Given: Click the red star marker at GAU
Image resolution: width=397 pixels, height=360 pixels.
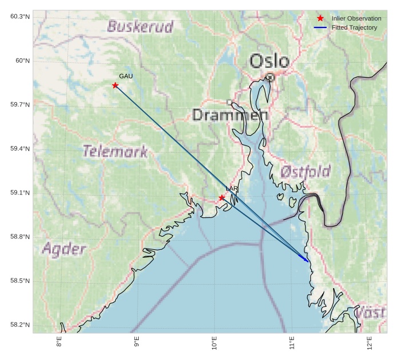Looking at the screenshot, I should [115, 86].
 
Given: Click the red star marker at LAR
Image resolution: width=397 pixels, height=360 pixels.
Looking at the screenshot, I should [222, 198].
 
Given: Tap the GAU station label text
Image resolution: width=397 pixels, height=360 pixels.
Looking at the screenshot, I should [126, 76].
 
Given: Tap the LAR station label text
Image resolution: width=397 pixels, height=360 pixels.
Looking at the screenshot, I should [231, 189].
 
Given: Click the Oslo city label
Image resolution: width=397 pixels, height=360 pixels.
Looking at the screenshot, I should [269, 60].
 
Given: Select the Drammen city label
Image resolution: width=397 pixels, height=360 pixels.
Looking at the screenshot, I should [230, 115].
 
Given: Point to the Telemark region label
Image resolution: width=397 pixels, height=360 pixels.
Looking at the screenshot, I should [115, 151].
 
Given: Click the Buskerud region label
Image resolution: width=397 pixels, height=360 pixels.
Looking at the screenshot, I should [140, 26].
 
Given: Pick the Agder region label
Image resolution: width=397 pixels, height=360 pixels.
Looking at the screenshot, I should [64, 249].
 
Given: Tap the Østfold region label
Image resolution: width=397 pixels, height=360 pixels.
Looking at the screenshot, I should [305, 171].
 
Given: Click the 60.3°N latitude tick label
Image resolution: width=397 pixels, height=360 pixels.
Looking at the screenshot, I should [19, 17].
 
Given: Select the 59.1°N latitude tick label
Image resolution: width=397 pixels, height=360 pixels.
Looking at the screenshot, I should [19, 193].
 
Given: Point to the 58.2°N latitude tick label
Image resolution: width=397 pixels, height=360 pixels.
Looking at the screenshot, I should [19, 325].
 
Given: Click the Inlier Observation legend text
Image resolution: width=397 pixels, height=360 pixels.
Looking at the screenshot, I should [356, 18].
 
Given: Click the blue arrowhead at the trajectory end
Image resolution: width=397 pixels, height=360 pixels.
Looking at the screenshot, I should [307, 260].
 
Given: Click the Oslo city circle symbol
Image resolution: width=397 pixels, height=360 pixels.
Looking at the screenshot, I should [270, 76].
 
